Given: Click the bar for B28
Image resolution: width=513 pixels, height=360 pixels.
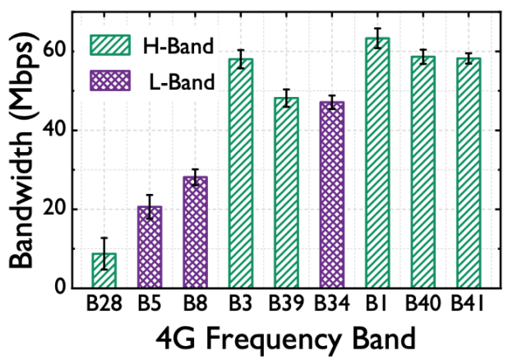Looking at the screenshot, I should pos(104,271).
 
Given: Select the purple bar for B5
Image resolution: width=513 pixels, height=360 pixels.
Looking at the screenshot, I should pos(149,247).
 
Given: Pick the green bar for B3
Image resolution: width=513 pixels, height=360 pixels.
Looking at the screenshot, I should pos(240,173).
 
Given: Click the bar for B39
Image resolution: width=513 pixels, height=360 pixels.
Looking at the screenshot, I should pos(286,193).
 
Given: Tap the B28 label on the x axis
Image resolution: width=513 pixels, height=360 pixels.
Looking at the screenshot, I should pos(104,306).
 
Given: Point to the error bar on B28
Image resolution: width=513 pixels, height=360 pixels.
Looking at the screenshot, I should pos(104,252).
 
